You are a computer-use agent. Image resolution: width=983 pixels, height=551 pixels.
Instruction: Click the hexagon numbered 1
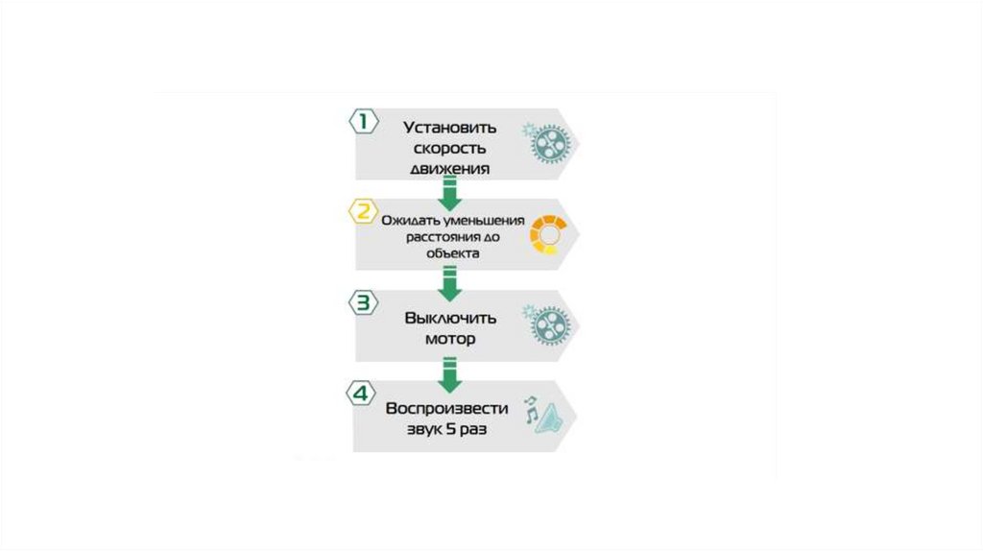tap(362, 121)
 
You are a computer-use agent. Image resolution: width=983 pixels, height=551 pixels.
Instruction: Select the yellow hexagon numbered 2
tap(362, 210)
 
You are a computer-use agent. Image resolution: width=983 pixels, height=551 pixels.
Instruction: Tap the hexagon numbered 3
tap(362, 302)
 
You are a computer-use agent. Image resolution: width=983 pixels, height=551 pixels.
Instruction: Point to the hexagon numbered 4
tap(362, 393)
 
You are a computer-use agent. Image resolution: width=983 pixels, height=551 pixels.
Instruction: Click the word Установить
tap(450, 127)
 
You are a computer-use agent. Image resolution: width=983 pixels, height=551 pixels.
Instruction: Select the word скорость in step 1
tap(450, 148)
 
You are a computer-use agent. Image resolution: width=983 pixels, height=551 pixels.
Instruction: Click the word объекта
tap(451, 254)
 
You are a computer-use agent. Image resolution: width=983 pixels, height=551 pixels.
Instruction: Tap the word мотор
tap(450, 338)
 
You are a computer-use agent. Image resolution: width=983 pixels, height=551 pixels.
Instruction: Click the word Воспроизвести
tap(448, 408)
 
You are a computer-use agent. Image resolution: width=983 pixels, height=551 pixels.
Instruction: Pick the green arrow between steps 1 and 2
tap(448, 195)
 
